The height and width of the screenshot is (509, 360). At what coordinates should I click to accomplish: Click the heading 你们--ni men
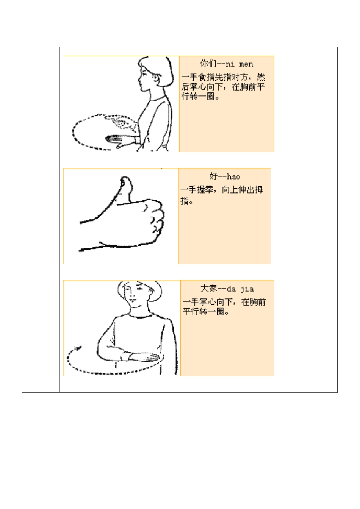227,64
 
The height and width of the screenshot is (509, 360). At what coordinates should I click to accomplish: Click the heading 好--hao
224,176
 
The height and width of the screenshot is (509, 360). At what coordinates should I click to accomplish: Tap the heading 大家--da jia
227,289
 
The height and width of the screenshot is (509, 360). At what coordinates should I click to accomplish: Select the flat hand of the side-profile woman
117,141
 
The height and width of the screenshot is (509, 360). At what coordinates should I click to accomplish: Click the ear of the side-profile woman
155,78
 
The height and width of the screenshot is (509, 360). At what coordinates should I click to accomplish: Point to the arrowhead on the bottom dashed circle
78,347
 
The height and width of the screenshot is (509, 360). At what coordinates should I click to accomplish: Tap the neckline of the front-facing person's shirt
140,316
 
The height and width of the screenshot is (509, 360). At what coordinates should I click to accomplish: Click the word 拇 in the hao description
258,189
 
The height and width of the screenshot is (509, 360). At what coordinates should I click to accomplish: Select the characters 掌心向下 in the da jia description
216,302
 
